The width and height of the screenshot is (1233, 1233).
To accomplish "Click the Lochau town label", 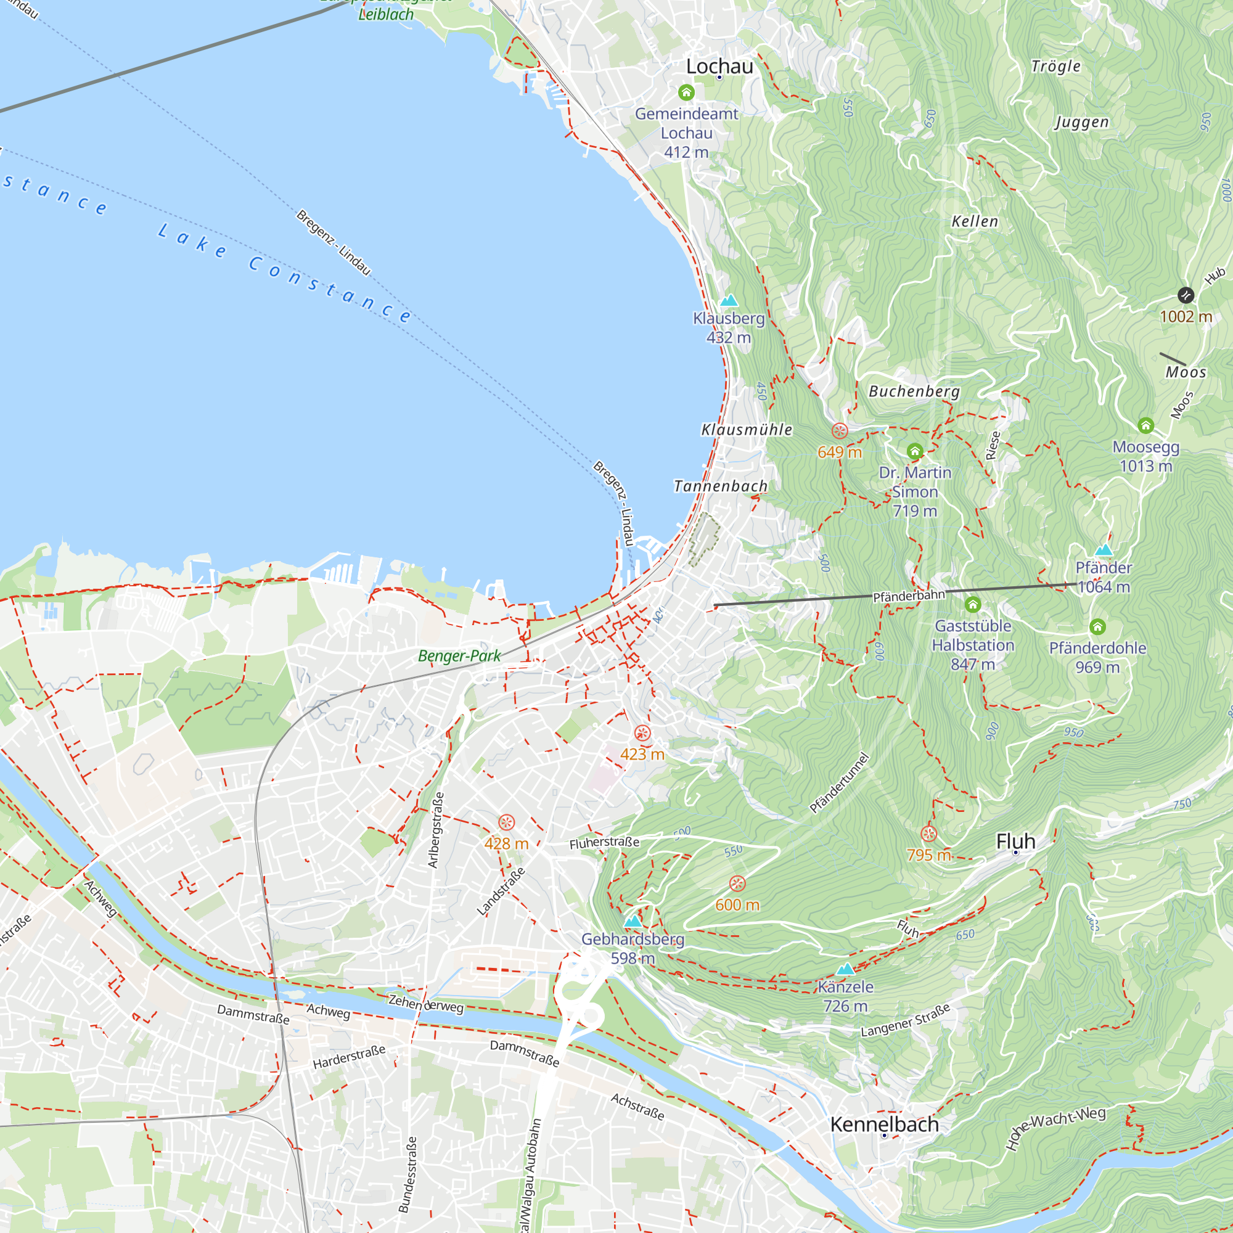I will point(719,67).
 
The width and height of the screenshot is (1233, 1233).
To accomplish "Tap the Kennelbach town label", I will point(884,1124).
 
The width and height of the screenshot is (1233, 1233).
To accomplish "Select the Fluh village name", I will point(1015,841).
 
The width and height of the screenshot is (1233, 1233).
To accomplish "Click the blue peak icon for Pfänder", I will point(1104,549).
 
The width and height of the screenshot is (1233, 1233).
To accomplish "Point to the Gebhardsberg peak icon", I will point(633,922).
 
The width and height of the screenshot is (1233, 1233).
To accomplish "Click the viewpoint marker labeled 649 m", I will point(840,431).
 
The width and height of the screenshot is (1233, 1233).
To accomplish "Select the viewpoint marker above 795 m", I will point(928,834).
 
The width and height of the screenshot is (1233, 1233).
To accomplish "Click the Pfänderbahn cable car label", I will point(909,596).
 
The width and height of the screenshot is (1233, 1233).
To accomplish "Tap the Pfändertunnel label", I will point(839,783).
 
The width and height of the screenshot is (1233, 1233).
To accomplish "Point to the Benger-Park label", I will point(459,656).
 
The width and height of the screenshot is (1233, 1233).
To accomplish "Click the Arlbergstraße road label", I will point(435,830).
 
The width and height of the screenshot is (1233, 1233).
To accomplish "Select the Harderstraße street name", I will point(348,1057).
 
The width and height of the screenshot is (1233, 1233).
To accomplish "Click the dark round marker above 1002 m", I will point(1185,295).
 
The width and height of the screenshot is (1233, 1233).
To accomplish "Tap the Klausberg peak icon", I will point(729,300).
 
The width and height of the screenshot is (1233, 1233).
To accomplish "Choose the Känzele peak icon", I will point(845,969).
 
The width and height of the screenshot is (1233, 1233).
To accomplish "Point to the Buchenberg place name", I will point(914,391).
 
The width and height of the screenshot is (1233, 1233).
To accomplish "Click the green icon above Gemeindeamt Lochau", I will point(686,92).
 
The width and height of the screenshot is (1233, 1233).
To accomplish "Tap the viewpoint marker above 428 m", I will point(506,822).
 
